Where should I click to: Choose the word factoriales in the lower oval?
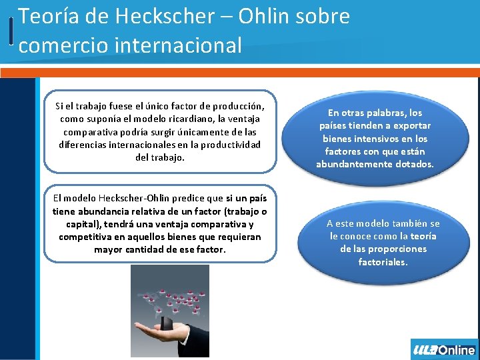click(383, 262)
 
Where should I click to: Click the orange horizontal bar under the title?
click(240, 72)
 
